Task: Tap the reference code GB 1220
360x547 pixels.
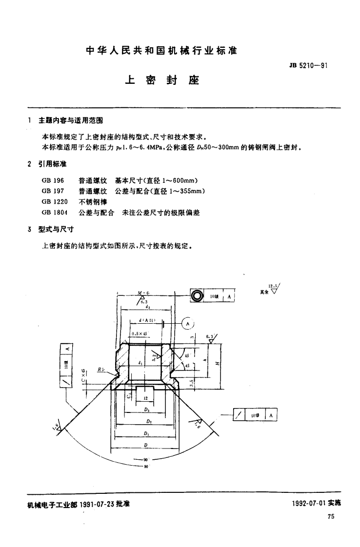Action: click(x=54, y=201)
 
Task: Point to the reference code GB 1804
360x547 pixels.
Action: click(x=54, y=213)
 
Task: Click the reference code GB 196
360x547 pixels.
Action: click(x=52, y=180)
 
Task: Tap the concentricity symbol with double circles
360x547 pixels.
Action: click(x=196, y=296)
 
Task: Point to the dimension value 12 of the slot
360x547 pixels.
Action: click(x=144, y=398)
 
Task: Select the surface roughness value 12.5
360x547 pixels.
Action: click(x=272, y=286)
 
